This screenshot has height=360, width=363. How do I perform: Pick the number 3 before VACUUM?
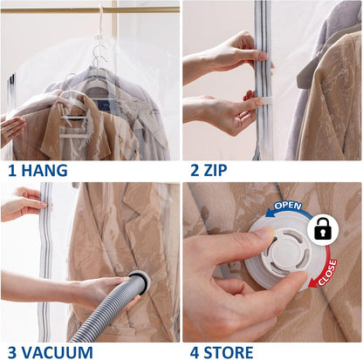pos(10,351)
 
